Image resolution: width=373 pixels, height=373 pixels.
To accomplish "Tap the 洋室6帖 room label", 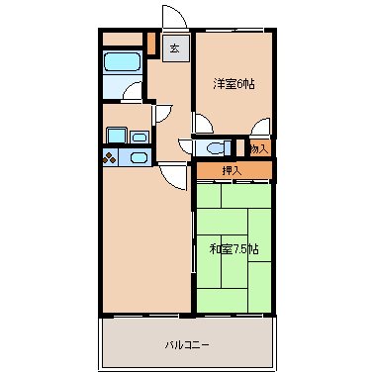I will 234,84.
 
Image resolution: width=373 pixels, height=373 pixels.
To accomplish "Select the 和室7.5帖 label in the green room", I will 234,247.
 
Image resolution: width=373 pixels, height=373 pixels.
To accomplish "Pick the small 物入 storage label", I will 259,148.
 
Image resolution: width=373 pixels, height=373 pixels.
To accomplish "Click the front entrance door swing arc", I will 170,19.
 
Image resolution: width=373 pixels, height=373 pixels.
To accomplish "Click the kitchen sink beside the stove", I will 138,157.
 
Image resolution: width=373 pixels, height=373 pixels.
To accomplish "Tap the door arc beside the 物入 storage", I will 261,126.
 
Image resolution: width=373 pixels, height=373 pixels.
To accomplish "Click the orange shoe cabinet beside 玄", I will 151,45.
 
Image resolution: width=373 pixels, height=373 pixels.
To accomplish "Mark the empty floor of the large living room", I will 143,247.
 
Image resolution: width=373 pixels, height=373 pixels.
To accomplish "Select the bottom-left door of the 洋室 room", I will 202,126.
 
